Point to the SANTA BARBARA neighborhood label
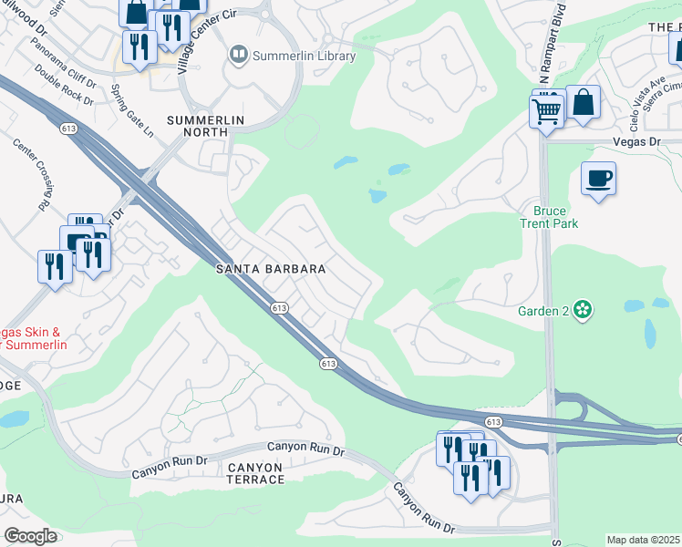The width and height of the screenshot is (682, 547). click(271, 269)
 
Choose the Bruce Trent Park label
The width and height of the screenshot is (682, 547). click(550, 217)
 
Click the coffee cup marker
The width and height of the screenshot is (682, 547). click(598, 179)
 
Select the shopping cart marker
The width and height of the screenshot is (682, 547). click(547, 111)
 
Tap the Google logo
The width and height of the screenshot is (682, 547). click(29, 536)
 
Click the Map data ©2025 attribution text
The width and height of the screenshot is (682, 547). click(643, 540)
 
